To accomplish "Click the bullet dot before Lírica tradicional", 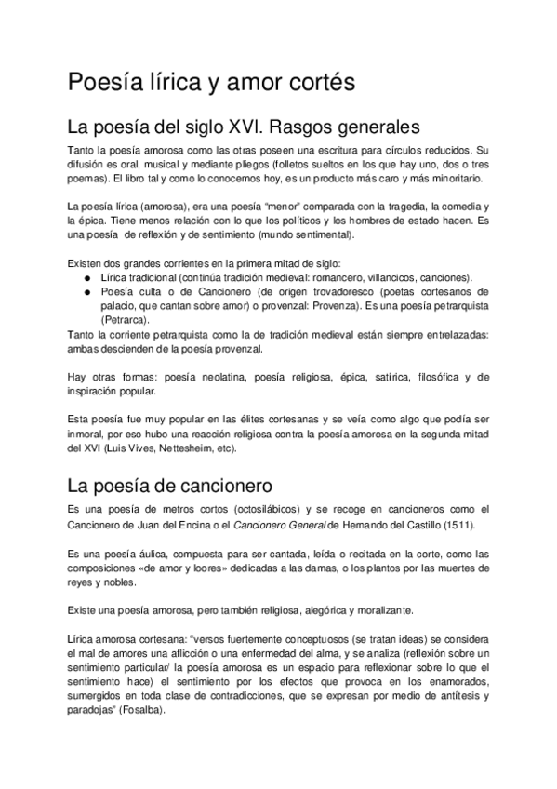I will pos(86,277).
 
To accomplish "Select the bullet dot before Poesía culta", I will pos(86,292).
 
